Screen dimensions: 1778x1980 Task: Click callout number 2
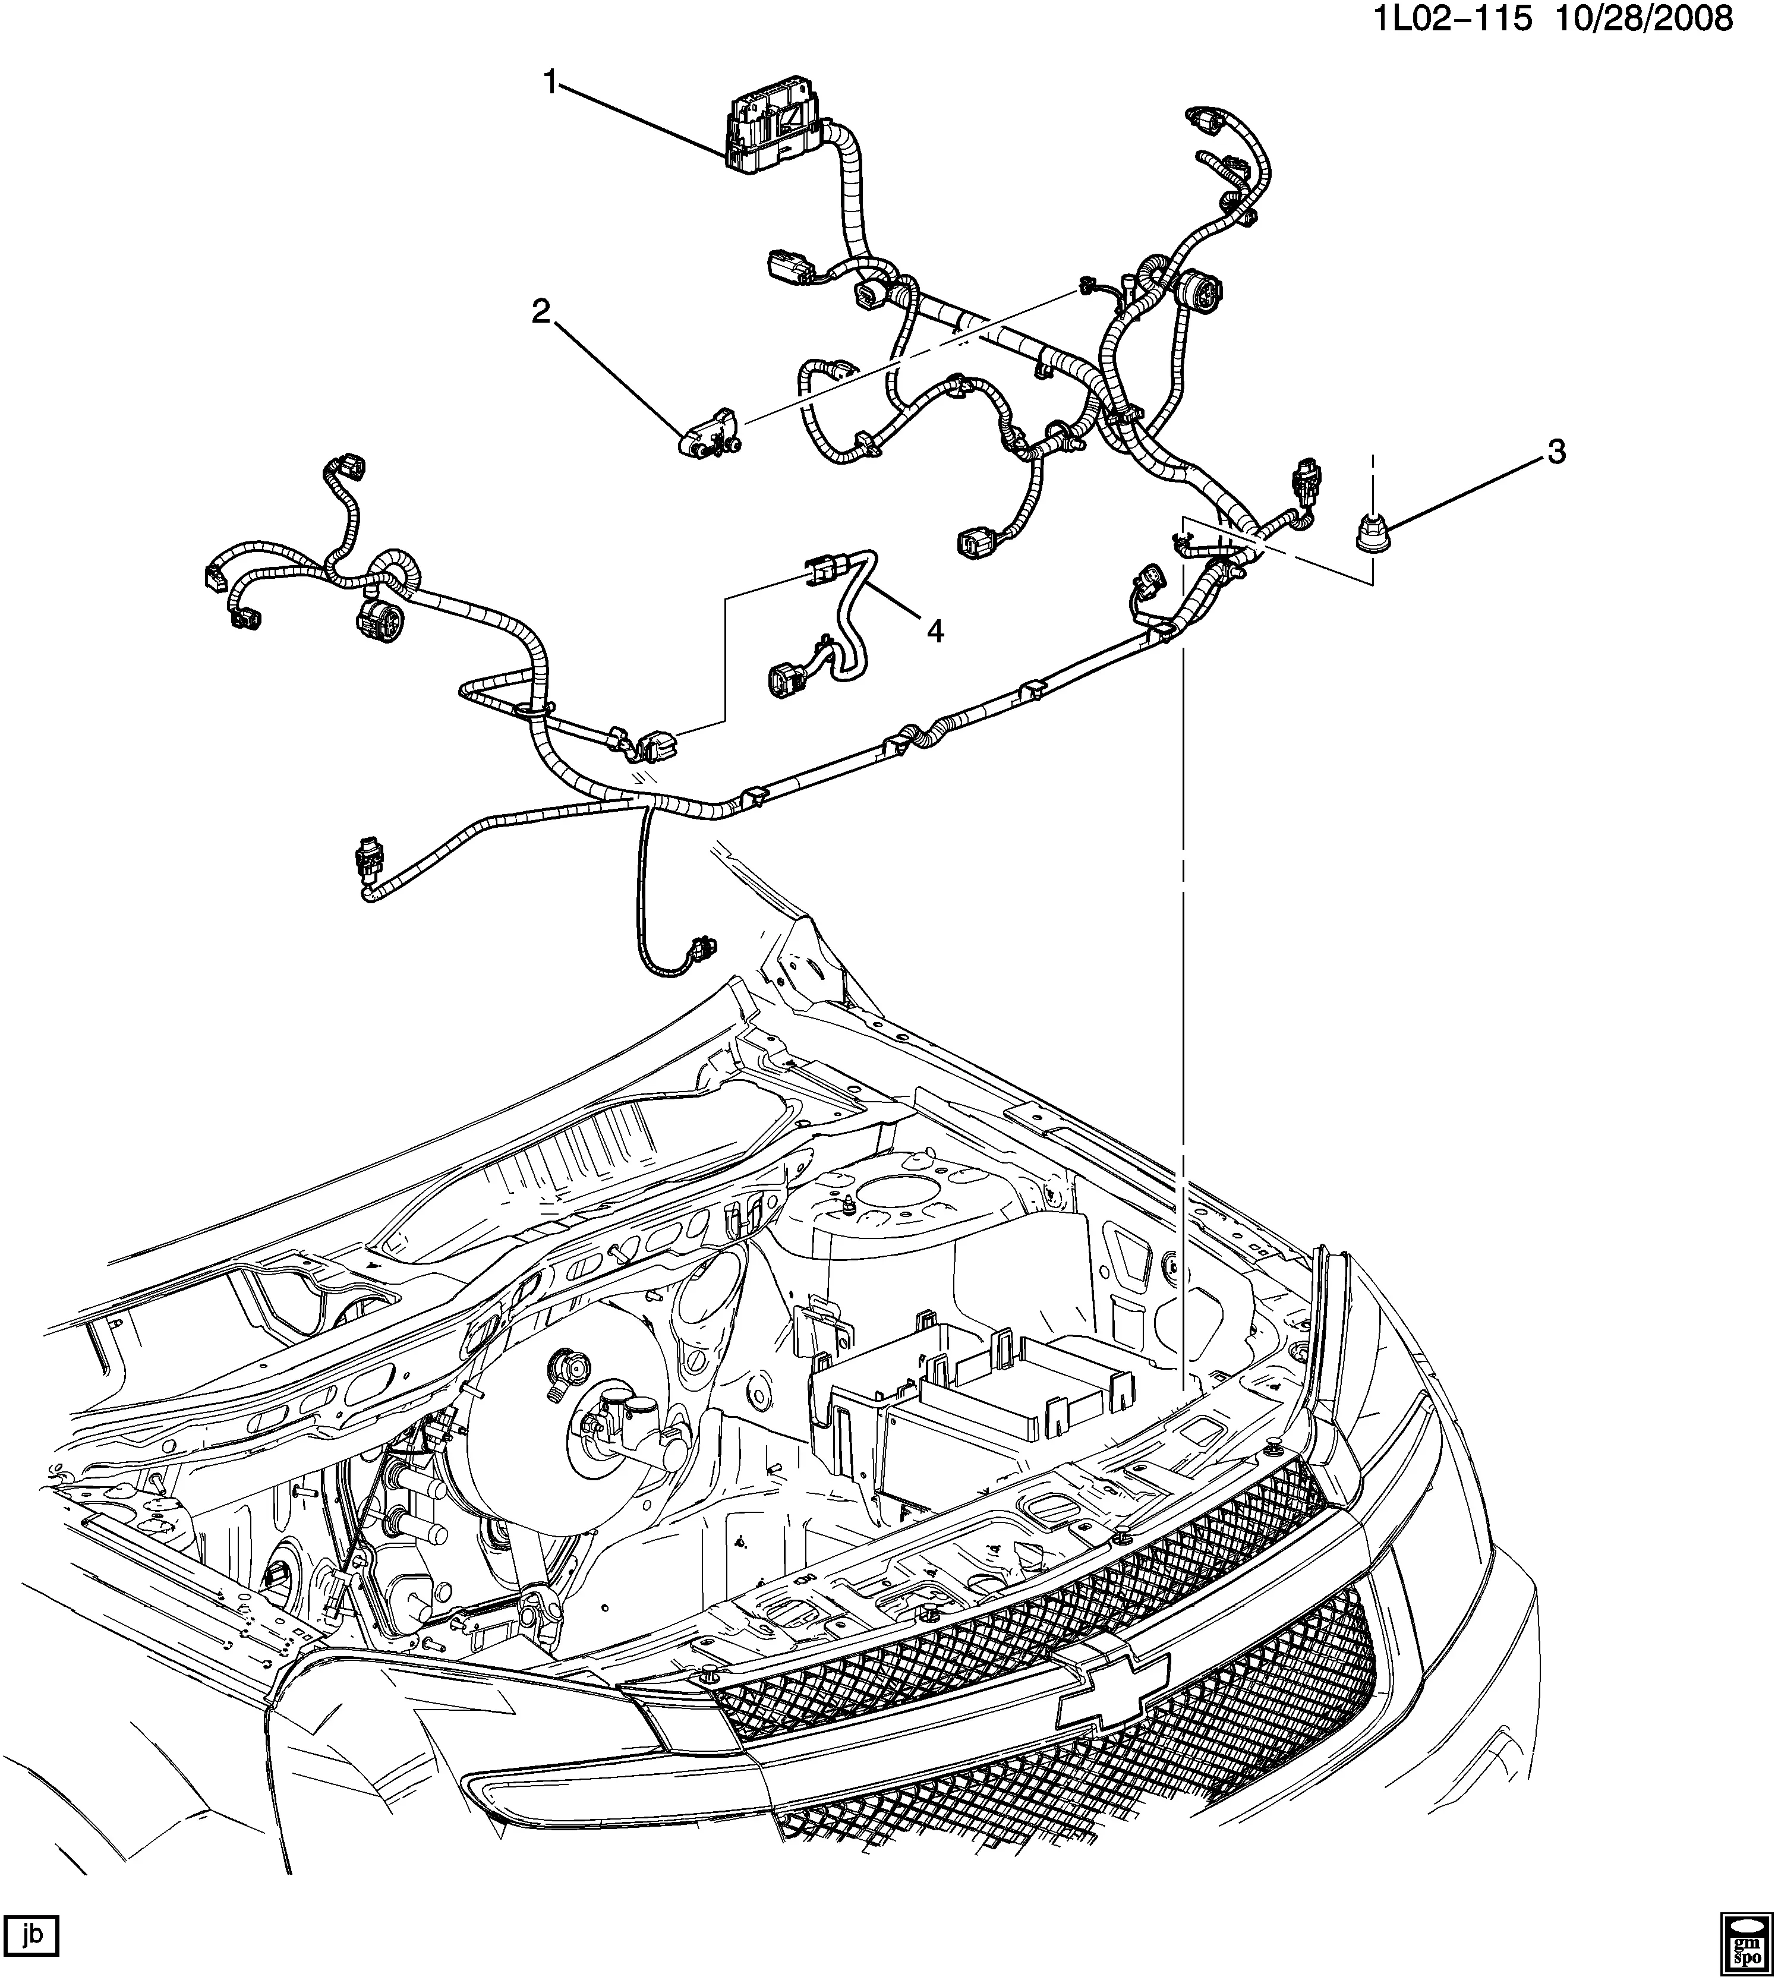point(540,313)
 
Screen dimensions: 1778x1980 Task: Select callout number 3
point(1555,451)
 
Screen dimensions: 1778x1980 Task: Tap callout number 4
point(935,632)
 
